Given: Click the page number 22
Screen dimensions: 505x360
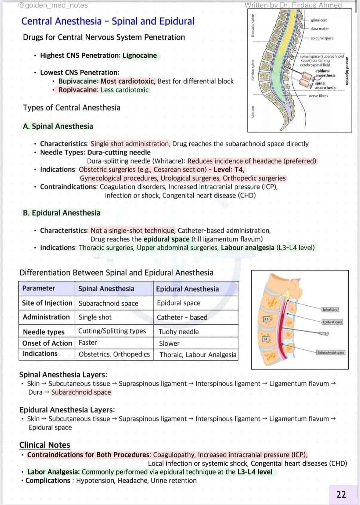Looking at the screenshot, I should point(341,495).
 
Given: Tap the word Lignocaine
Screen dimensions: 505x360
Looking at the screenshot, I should point(140,56).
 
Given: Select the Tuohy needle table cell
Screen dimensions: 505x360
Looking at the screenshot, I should point(179,332).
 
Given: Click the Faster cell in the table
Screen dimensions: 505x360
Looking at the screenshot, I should point(88,343).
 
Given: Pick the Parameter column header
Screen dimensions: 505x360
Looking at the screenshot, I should point(39,288).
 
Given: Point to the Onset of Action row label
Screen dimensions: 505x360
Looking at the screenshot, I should point(47,343).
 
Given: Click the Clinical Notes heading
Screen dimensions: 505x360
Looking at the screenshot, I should point(45,445).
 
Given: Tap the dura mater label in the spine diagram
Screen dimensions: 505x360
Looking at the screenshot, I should point(319,29).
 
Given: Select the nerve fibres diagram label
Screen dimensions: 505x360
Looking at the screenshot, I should point(318,96).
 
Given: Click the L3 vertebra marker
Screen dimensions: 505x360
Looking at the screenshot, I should point(267,319).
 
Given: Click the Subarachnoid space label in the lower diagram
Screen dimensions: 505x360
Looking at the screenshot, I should point(330,352).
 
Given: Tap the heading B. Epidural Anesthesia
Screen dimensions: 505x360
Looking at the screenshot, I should point(61,213).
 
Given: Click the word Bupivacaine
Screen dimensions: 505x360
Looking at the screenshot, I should point(78,81).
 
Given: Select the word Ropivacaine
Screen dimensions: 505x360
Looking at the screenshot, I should point(78,90).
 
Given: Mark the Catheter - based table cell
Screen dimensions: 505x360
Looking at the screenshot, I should point(182,317).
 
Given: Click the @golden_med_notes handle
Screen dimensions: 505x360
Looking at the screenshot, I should point(53,5).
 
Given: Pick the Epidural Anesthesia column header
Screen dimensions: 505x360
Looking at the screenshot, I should point(187,289).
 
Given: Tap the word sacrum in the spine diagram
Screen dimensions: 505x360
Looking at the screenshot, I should point(253,111).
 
